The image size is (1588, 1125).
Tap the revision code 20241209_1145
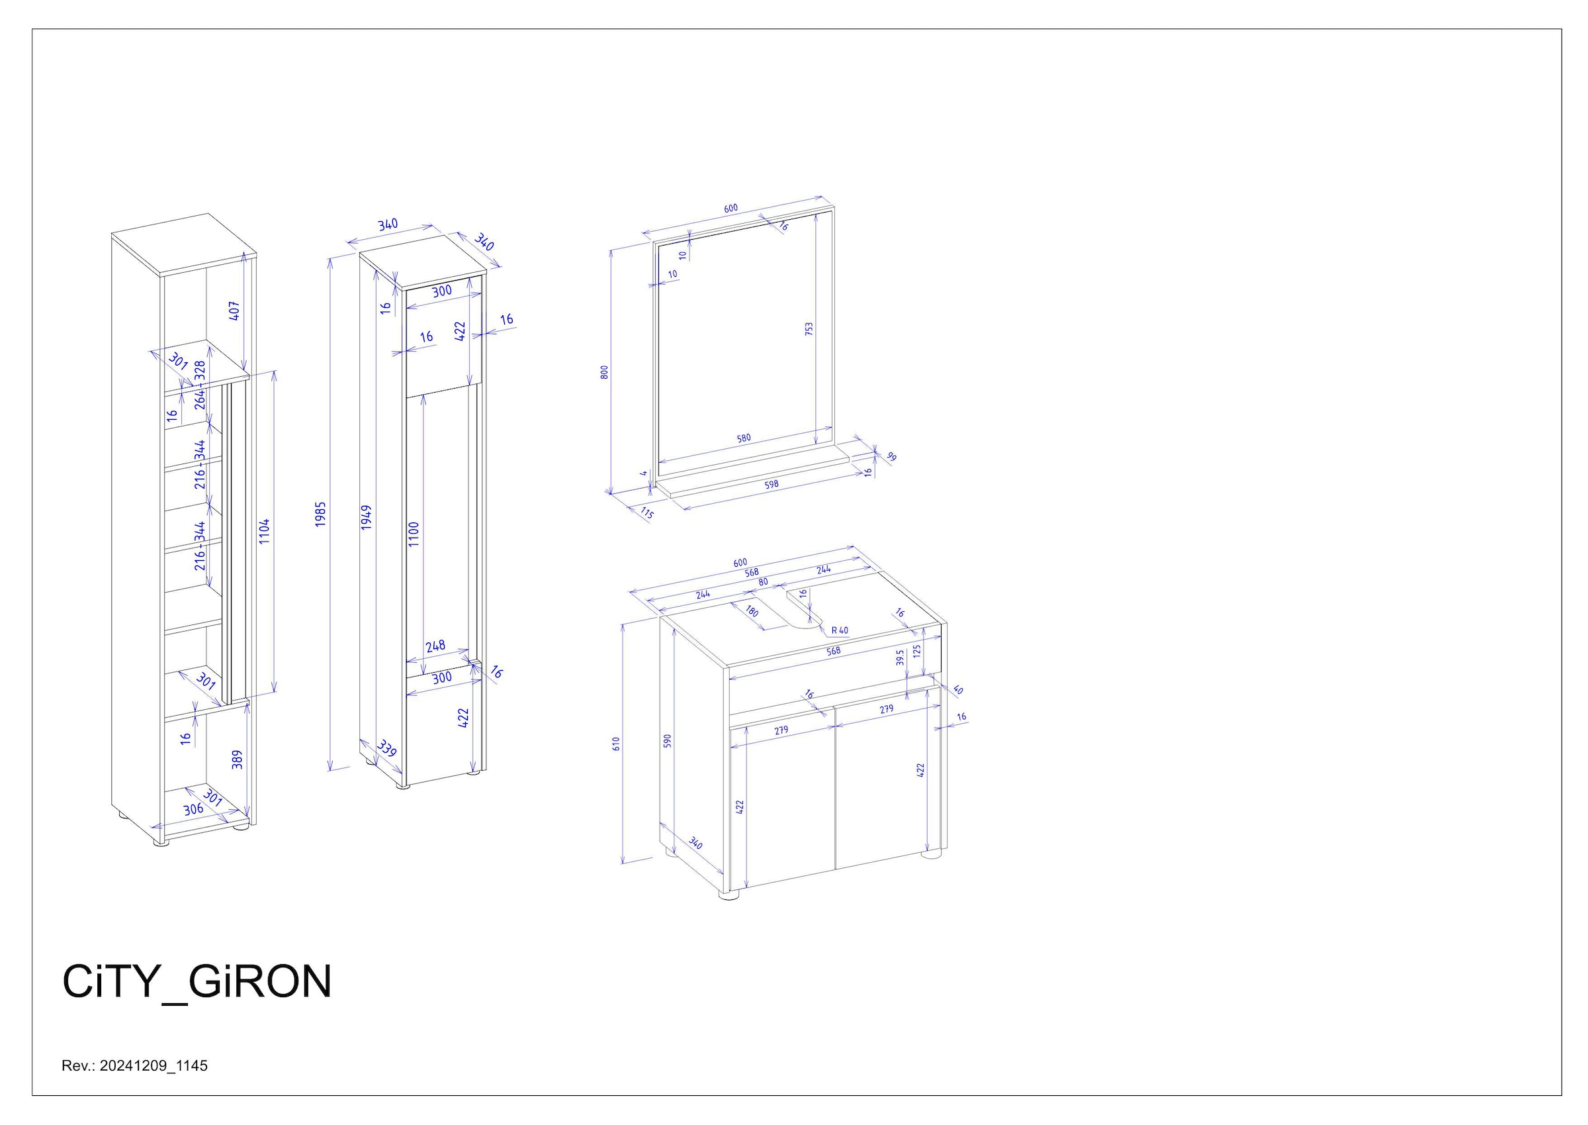point(154,1066)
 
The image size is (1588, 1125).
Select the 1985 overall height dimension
point(320,514)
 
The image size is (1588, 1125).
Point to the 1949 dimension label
point(366,517)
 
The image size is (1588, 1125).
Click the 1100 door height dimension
point(414,534)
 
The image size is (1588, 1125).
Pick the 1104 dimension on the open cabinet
point(265,531)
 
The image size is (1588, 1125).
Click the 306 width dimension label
point(193,808)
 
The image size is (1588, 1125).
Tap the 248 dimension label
point(435,646)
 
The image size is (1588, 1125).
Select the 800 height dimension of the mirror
point(604,372)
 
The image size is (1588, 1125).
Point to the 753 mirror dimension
point(809,328)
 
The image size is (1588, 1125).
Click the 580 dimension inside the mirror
point(744,438)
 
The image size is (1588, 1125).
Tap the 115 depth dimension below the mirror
point(646,513)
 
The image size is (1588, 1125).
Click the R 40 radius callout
point(840,630)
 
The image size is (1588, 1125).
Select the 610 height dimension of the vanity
point(616,744)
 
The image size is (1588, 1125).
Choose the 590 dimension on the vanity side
point(668,740)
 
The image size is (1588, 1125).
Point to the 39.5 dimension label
point(900,657)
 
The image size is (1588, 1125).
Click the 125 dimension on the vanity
point(916,651)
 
